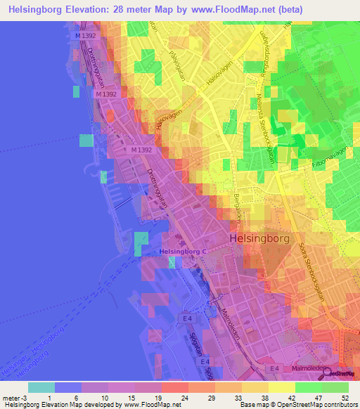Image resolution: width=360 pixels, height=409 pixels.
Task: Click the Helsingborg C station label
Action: point(183,252)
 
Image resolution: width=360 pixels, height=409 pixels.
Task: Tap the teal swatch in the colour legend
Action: point(41,387)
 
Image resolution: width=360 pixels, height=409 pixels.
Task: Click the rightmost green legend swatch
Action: point(335,387)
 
